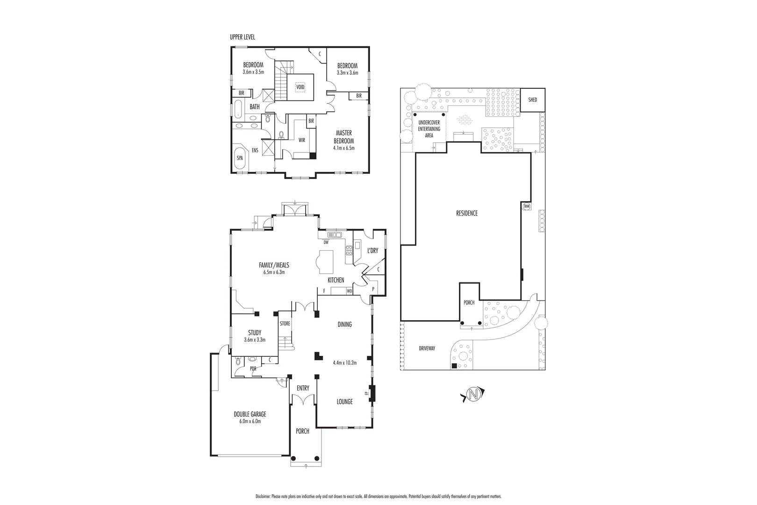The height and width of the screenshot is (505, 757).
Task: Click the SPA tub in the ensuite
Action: pyautogui.click(x=240, y=158)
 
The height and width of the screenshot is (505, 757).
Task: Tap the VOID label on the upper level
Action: pyautogui.click(x=300, y=87)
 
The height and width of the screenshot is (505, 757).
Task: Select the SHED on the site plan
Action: pyautogui.click(x=532, y=100)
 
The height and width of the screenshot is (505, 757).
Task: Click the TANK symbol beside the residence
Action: pyautogui.click(x=527, y=206)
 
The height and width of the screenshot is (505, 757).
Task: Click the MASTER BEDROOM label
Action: pyautogui.click(x=343, y=137)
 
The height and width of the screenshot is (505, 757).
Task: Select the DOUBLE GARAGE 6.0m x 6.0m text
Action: pyautogui.click(x=250, y=417)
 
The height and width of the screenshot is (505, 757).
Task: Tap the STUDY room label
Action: pyautogui.click(x=255, y=333)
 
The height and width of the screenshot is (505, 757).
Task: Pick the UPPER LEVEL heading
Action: pyautogui.click(x=243, y=37)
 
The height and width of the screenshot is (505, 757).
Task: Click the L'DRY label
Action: pyautogui.click(x=372, y=251)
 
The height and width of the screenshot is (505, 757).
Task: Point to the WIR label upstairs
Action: pyautogui.click(x=301, y=140)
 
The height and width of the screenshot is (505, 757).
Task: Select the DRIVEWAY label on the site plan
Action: pyautogui.click(x=427, y=348)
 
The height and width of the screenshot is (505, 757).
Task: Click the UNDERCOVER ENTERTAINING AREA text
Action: pyautogui.click(x=429, y=129)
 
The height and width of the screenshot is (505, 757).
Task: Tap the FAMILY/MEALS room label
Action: pyautogui.click(x=274, y=265)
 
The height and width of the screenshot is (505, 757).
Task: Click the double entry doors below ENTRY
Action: pyautogui.click(x=303, y=400)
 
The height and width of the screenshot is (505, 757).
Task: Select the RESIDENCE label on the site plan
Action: pyautogui.click(x=467, y=213)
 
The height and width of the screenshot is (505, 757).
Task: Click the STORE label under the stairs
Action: pyautogui.click(x=285, y=323)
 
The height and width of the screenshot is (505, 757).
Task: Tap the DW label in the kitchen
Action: pyautogui.click(x=326, y=242)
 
